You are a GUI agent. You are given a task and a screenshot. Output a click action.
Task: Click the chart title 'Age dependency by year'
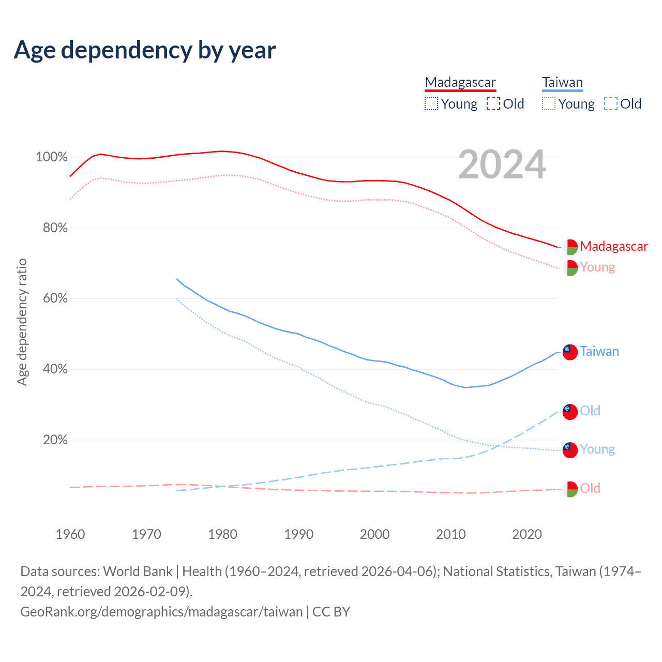[x=145, y=50]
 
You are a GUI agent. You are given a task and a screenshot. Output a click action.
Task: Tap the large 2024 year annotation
[x=502, y=164]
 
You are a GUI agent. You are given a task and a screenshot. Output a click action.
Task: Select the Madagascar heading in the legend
[x=460, y=82]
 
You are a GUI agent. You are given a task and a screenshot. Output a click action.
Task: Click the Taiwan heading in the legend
[x=562, y=82]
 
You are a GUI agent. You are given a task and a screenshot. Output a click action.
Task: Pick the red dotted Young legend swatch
[x=431, y=104]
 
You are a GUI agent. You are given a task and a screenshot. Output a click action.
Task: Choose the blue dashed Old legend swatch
[x=610, y=104]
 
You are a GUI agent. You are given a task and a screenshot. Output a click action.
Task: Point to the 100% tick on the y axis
[x=52, y=157]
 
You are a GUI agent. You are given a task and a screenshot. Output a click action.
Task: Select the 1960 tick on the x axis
[x=70, y=534]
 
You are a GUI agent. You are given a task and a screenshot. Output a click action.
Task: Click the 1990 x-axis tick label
[x=299, y=534]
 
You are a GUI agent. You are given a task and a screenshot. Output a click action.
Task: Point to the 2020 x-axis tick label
[x=527, y=534]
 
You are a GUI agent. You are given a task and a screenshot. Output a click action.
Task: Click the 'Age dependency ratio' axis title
[x=22, y=322]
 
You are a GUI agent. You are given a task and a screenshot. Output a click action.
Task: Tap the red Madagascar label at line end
[x=614, y=246]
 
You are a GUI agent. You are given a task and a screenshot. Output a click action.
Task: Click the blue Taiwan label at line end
[x=599, y=352]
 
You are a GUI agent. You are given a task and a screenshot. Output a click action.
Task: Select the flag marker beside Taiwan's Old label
[x=569, y=412]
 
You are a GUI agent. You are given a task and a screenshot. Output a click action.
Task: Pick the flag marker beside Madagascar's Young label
[x=569, y=268]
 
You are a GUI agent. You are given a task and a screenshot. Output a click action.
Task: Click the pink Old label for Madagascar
[x=590, y=488]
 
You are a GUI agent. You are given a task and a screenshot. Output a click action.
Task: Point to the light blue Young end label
[x=597, y=449]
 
